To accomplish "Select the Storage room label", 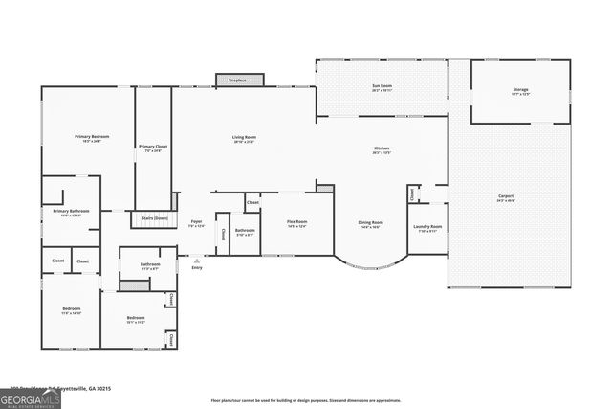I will (520, 92).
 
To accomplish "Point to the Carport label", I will (506, 198).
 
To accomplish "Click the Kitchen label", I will (382, 150).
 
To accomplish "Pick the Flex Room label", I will (296, 224).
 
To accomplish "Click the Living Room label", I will (244, 140).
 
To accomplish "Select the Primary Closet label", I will (153, 148).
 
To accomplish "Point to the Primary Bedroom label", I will (93, 139).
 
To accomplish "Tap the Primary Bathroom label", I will (71, 213).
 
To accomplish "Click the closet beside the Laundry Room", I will (412, 194).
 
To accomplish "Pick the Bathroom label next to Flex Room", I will (245, 232).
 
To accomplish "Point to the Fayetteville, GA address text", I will (57, 388).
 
